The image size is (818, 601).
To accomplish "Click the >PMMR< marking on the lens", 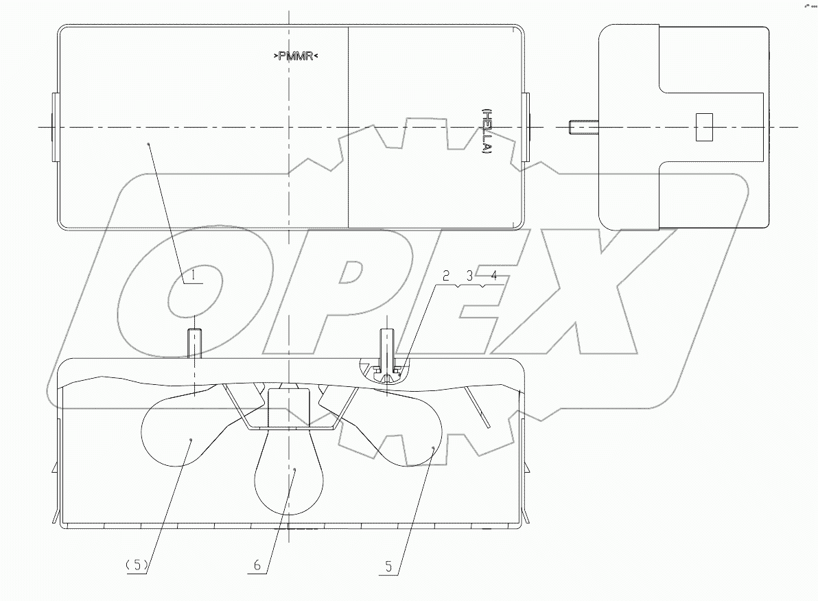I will point(296,57).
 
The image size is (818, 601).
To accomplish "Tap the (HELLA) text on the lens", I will point(486,130).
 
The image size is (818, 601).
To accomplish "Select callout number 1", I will point(194,276).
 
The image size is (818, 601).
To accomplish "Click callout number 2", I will point(445,276).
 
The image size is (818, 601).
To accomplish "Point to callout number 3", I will point(469,276).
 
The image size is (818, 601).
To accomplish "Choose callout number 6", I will point(257,565).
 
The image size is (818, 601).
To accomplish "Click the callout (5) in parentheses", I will point(137,565).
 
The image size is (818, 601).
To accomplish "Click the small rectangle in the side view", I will point(705,128).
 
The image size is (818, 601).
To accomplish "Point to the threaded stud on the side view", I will point(583,127).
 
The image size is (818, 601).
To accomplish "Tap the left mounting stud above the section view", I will point(196,344).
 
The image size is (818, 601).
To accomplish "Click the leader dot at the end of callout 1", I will point(149,143).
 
